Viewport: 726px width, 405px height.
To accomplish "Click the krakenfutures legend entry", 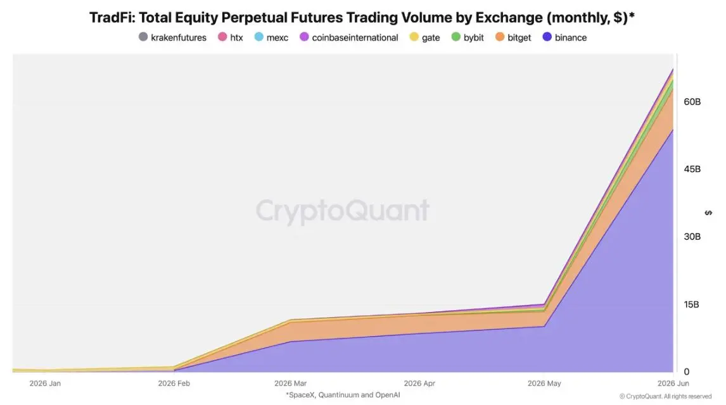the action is [x=173, y=37].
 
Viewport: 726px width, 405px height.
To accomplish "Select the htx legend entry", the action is [x=231, y=37].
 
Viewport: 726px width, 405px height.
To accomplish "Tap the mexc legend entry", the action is [x=271, y=37].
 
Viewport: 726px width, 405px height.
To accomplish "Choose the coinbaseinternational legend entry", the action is [x=349, y=37].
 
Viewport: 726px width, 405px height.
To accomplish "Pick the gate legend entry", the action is [x=424, y=37].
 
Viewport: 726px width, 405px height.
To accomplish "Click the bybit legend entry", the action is [x=468, y=37].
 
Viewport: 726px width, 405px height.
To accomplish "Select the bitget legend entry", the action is [x=513, y=37].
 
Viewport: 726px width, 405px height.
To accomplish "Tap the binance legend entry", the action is [x=565, y=37].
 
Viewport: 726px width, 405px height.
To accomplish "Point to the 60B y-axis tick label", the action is [x=692, y=102].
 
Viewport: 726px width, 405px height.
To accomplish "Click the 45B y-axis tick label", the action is [x=692, y=169].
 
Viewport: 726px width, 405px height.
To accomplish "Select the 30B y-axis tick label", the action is [x=692, y=237].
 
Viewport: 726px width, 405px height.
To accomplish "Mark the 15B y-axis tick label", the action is [x=691, y=304].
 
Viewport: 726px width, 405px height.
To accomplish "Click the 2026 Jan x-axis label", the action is [x=45, y=383].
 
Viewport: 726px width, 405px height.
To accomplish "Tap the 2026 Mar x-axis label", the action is [x=290, y=383].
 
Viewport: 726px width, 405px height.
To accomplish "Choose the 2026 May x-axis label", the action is [x=544, y=383].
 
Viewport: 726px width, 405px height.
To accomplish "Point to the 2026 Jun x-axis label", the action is [x=673, y=383].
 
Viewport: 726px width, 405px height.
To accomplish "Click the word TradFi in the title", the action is [x=111, y=18].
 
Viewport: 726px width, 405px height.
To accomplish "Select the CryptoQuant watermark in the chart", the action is [x=343, y=211].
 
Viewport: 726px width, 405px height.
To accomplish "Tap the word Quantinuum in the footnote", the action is [x=338, y=395].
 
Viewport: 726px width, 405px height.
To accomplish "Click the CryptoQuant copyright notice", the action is [x=665, y=396].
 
